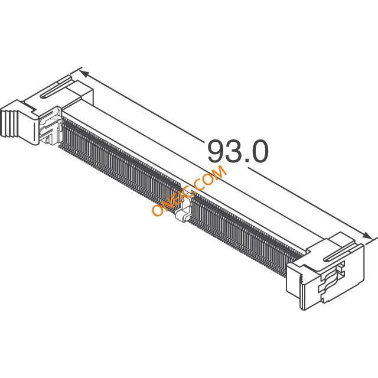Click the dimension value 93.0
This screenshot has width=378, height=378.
(237, 152)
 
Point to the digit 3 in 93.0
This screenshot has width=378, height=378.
(234, 152)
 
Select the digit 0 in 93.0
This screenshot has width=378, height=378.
(259, 152)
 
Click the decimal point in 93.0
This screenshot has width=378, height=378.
(246, 161)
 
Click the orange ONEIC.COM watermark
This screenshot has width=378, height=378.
(189, 190)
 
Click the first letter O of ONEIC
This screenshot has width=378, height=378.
(158, 210)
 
